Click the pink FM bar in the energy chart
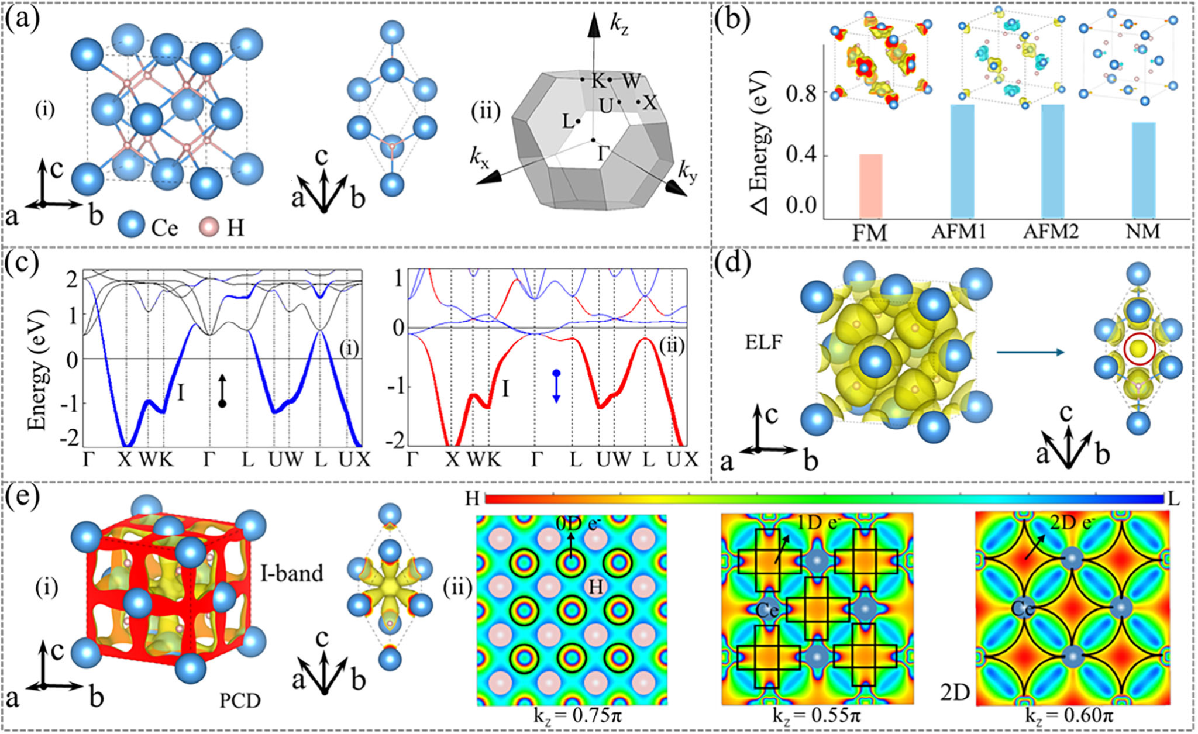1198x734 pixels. click(x=870, y=186)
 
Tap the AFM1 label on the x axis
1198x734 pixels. click(x=959, y=232)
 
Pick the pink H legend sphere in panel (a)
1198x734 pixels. click(x=209, y=226)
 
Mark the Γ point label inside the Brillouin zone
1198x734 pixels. click(x=603, y=154)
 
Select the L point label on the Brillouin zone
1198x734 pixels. click(x=567, y=122)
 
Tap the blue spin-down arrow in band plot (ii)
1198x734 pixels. click(x=556, y=386)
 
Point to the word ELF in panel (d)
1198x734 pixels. click(x=763, y=342)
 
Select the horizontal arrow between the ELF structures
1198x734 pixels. click(x=1030, y=352)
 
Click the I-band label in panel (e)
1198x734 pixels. click(x=292, y=573)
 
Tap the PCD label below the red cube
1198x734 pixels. click(x=240, y=700)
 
